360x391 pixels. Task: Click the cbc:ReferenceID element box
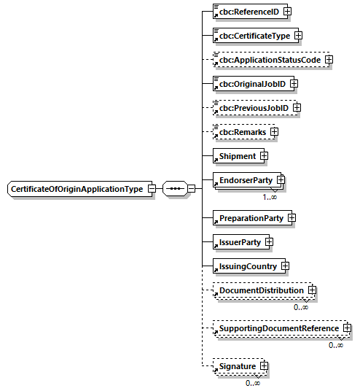click(246, 12)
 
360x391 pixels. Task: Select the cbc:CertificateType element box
click(251, 35)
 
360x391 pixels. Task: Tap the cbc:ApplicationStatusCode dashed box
click(267, 60)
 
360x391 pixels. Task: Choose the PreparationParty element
click(248, 217)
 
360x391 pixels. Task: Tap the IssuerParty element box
click(237, 241)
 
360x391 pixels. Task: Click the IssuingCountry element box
click(245, 266)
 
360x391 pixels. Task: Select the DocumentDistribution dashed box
click(259, 290)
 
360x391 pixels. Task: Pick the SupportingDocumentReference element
click(276, 328)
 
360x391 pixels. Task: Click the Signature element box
click(235, 366)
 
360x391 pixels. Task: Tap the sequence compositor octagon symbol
click(174, 188)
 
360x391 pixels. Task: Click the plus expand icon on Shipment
click(264, 156)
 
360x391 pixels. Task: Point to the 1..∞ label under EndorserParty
click(270, 197)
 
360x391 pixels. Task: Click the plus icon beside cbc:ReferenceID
click(288, 12)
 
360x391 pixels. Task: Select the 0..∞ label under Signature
click(253, 383)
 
